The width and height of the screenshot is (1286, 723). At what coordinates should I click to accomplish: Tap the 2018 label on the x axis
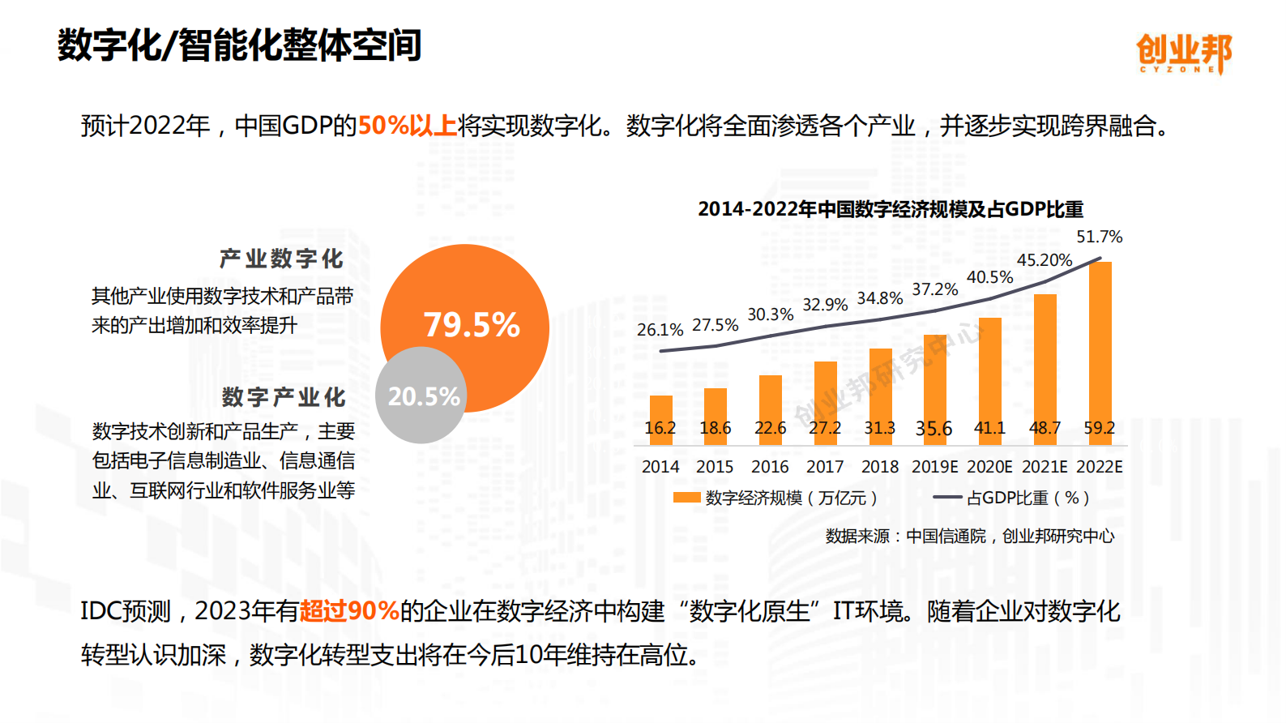click(x=879, y=467)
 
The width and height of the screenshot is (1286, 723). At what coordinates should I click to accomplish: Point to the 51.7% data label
click(x=1099, y=237)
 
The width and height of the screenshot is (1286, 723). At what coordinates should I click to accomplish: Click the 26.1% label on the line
click(x=660, y=330)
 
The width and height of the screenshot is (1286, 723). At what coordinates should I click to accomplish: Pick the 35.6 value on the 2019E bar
click(x=934, y=429)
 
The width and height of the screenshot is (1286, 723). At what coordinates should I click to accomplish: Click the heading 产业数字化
click(x=281, y=259)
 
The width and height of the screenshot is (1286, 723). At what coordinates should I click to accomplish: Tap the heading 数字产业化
click(x=284, y=397)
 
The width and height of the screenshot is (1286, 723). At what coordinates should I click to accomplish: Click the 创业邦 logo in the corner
click(x=1183, y=53)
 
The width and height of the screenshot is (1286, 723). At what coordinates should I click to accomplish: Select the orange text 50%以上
click(x=407, y=126)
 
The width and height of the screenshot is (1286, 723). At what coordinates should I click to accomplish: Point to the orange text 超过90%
click(x=349, y=610)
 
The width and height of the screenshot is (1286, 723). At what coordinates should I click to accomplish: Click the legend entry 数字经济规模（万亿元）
click(x=775, y=498)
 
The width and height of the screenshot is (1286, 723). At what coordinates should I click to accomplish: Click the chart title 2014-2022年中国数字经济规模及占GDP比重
click(x=890, y=209)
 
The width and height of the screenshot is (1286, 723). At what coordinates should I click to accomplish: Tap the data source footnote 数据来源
click(x=969, y=536)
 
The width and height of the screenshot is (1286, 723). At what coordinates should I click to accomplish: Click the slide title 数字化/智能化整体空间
click(x=239, y=45)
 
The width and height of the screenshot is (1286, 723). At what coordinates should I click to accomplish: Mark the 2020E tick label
click(x=989, y=467)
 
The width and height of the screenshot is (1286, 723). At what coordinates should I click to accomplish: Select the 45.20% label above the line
click(x=1044, y=260)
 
